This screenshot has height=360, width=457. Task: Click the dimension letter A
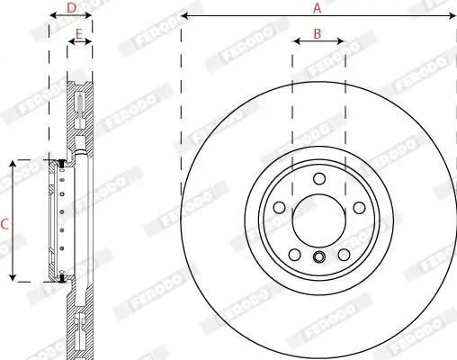[x=317, y=8]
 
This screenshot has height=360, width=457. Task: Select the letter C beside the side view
[x=4, y=222]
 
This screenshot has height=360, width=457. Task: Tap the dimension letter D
[x=71, y=8]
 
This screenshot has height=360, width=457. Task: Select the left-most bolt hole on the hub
[x=278, y=208]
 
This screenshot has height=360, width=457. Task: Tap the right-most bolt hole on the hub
[x=358, y=208]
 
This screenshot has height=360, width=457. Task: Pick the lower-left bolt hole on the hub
[x=293, y=255]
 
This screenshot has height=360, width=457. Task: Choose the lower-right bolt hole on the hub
[x=343, y=255]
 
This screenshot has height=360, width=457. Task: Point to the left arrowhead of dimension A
[x=184, y=16]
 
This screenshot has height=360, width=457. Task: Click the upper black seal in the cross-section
[x=61, y=164]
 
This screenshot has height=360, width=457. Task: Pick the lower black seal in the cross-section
[x=61, y=278]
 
